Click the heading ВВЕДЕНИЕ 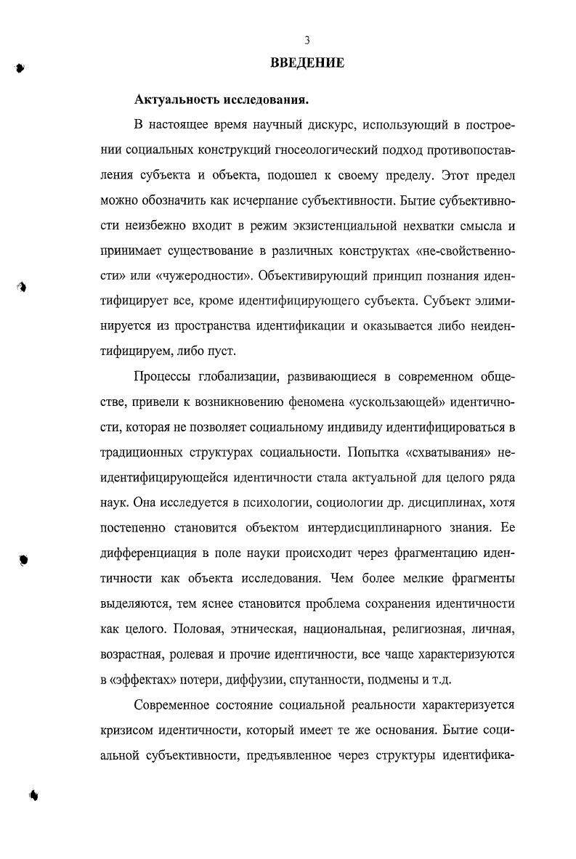[307, 63]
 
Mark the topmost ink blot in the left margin [19, 68]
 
